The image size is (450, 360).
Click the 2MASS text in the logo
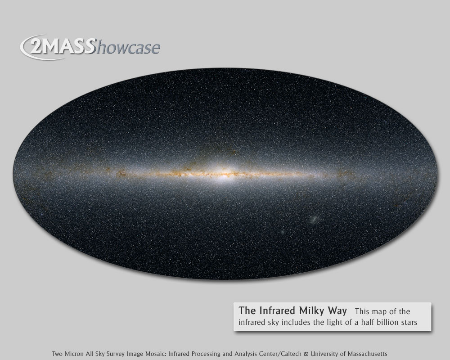[x=61, y=46]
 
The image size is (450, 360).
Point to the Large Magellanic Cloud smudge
[x=314, y=220]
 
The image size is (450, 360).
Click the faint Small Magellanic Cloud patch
[x=283, y=232]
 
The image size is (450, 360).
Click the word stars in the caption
[x=408, y=323]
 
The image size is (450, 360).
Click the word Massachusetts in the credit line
[x=367, y=354]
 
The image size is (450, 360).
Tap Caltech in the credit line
[x=291, y=354]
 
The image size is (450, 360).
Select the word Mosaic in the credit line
[x=156, y=354]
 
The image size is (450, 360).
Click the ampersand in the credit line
[x=306, y=354]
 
